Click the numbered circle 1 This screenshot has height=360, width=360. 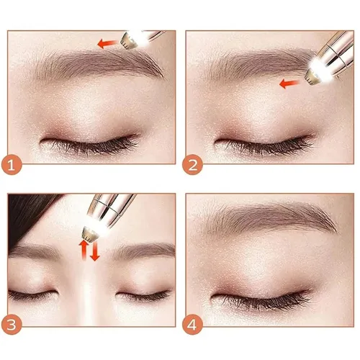pos(12,165)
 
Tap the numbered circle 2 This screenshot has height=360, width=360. pos(192,165)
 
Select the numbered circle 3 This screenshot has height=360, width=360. pos(12,325)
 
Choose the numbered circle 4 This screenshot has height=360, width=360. pos(192,325)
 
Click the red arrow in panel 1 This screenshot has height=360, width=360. pos(107,43)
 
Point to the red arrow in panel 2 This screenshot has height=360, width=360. pos(289,84)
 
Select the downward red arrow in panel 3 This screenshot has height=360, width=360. pos(95,251)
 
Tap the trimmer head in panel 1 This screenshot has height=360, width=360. pos(130,41)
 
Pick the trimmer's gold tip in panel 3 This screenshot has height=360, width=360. pos(91,233)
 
